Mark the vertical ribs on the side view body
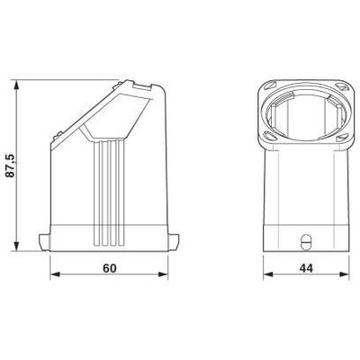tap(109, 189)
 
